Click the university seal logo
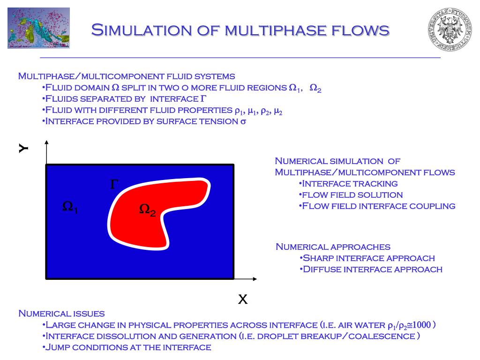pyautogui.click(x=449, y=29)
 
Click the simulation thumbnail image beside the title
pyautogui.click(x=38, y=28)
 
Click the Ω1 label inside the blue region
pyautogui.click(x=70, y=207)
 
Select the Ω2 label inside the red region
pyautogui.click(x=147, y=210)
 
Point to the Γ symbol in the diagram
pyautogui.click(x=113, y=185)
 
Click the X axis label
pyautogui.click(x=242, y=299)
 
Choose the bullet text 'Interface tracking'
pyautogui.click(x=350, y=183)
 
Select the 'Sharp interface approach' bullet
pyautogui.click(x=368, y=258)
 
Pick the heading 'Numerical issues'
pyautogui.click(x=61, y=313)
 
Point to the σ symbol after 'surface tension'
pyautogui.click(x=243, y=121)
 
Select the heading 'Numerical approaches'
pyautogui.click(x=333, y=247)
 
